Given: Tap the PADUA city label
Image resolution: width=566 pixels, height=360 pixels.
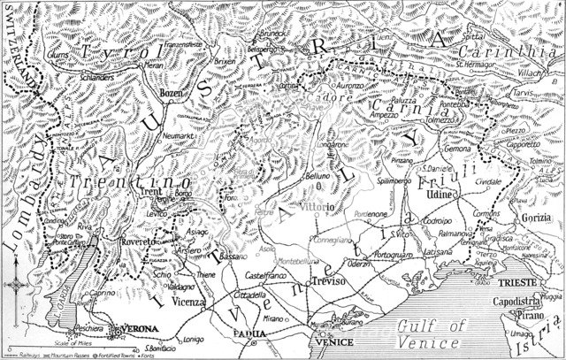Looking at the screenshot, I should [x=249, y=333].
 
